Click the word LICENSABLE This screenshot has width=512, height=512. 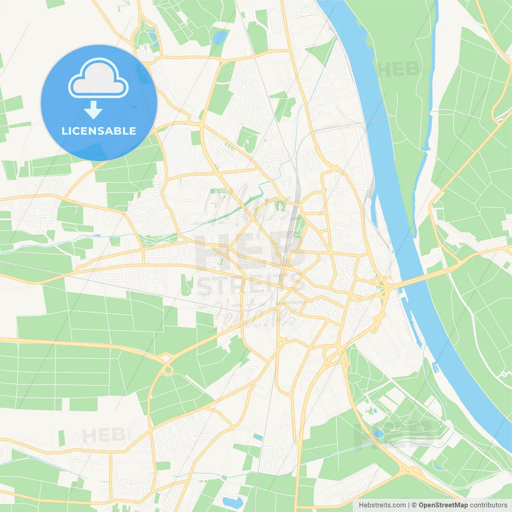tap(99, 131)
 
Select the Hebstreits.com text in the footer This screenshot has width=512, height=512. tap(382, 505)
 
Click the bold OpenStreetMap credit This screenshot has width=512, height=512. tap(443, 505)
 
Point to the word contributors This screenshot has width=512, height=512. tap(488, 505)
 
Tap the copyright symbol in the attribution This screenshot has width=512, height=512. tap(414, 505)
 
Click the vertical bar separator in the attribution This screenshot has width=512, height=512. tap(409, 505)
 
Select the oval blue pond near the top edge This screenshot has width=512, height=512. tap(220, 38)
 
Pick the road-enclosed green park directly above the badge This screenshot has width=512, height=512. tap(145, 37)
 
